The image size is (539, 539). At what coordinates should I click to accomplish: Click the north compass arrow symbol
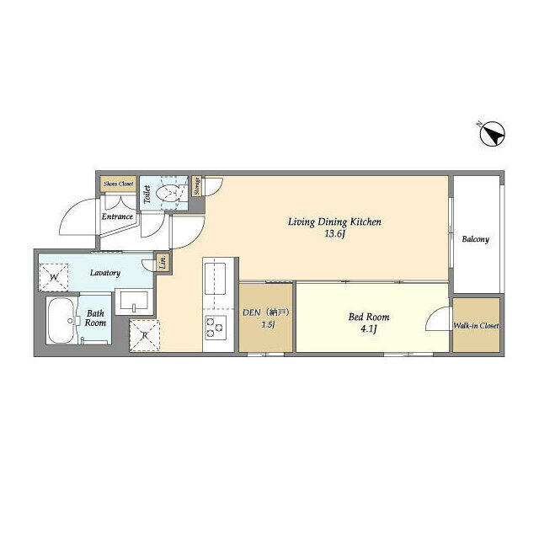[492, 135]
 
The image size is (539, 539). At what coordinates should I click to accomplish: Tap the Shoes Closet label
[119, 184]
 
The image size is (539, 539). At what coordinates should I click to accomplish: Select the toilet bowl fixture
[173, 193]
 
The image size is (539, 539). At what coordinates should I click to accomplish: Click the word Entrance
[117, 217]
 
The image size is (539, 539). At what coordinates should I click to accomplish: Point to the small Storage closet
[196, 185]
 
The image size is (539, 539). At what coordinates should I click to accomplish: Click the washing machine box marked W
[54, 276]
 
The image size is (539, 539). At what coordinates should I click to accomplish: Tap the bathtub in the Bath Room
[59, 320]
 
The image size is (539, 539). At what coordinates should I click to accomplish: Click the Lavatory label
[105, 273]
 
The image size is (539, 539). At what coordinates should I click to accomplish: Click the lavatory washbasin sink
[134, 302]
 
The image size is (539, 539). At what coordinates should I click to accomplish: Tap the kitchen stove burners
[214, 327]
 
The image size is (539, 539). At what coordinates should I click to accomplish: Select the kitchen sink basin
[214, 275]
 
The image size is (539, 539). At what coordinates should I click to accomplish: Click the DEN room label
[265, 312]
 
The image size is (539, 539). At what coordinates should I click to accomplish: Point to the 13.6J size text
[335, 234]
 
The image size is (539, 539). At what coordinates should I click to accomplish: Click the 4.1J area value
[369, 330]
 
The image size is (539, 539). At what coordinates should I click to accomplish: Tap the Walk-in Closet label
[476, 325]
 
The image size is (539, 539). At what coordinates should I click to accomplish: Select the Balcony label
[475, 239]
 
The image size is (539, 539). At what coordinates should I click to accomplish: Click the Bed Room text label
[369, 318]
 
